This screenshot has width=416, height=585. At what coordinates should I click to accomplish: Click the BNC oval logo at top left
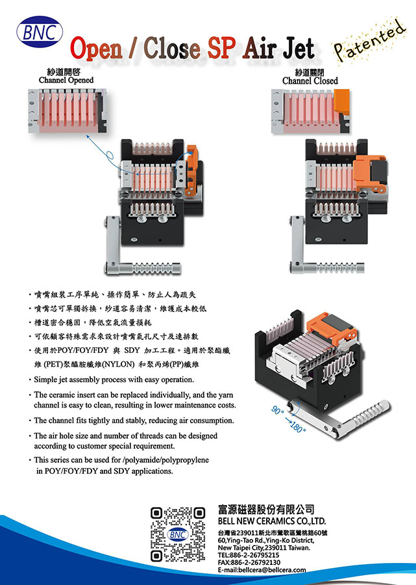[x=40, y=32]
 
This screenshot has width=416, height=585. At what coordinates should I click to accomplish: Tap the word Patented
[x=369, y=41]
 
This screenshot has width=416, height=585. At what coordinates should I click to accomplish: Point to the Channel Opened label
[x=66, y=80]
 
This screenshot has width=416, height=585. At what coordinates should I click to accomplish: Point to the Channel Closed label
[x=310, y=81]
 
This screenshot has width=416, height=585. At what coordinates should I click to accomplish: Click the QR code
[x=178, y=534]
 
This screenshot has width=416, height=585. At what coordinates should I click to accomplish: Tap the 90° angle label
[x=278, y=410]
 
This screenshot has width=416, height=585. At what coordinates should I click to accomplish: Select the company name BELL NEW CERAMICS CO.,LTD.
[x=272, y=521]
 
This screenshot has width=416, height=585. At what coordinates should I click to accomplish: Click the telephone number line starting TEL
[x=249, y=555]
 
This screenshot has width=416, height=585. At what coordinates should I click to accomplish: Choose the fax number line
[x=249, y=562]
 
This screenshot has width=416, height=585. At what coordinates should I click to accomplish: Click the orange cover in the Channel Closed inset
[x=341, y=102]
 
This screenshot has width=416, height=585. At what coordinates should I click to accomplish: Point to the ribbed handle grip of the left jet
[x=156, y=268]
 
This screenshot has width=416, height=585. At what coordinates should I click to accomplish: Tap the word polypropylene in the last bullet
[x=184, y=460]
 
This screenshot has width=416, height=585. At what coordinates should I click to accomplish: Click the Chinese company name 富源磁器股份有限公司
[x=266, y=509]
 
